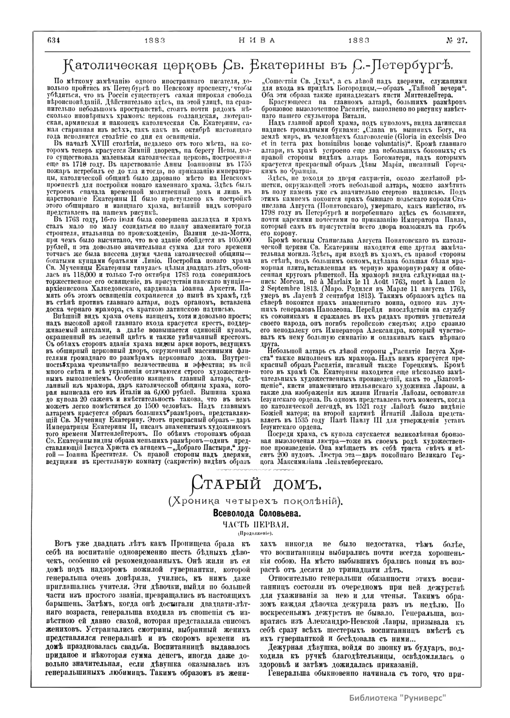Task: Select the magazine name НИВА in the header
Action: click(255, 40)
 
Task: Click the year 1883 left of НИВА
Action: click(154, 40)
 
